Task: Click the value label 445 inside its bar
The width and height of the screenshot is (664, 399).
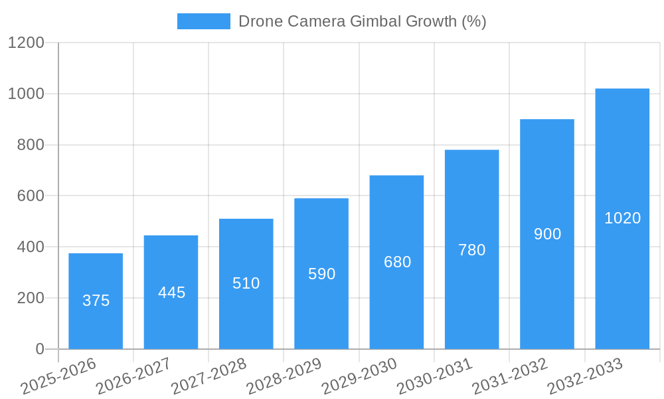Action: pyautogui.click(x=171, y=293)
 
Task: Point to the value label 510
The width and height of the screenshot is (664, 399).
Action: pyautogui.click(x=246, y=283)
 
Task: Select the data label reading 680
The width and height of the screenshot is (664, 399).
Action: pyautogui.click(x=397, y=262)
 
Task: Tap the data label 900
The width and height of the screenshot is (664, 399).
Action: pyautogui.click(x=547, y=234)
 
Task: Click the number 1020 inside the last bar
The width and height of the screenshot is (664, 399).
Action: pyautogui.click(x=622, y=218)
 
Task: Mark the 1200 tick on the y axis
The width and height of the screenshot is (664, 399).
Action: pyautogui.click(x=26, y=43)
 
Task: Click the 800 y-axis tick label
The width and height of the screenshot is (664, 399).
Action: pyautogui.click(x=31, y=145)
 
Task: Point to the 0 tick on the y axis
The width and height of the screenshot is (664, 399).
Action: pyautogui.click(x=40, y=349)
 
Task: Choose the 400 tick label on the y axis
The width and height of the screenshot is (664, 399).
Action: pyautogui.click(x=31, y=247)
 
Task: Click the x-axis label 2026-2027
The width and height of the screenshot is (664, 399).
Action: pyautogui.click(x=133, y=376)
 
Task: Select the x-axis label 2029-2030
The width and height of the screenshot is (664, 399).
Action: pyautogui.click(x=359, y=376)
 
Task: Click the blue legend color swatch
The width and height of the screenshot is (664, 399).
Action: pyautogui.click(x=203, y=21)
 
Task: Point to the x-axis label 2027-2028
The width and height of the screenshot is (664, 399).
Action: pyautogui.click(x=208, y=376)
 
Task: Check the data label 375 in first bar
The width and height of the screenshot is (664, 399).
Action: pyautogui.click(x=96, y=301)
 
